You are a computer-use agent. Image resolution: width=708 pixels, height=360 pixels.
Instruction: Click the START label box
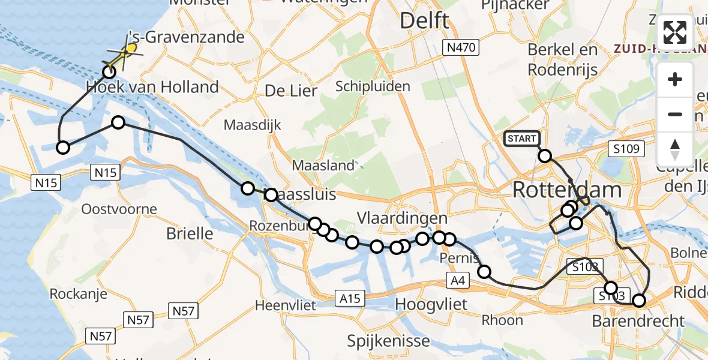click(521, 139)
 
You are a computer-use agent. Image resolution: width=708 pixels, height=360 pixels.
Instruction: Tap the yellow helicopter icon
click(124, 53)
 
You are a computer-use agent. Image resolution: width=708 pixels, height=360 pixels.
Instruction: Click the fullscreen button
click(675, 32)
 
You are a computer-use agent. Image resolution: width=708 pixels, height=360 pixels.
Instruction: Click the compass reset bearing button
click(675, 149)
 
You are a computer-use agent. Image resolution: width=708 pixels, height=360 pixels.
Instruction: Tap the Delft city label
click(424, 20)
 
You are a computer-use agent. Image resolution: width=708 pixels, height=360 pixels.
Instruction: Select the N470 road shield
click(459, 47)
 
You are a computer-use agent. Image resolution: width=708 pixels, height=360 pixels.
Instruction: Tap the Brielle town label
click(190, 233)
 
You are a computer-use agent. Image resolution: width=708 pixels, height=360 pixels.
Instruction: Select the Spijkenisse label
click(388, 341)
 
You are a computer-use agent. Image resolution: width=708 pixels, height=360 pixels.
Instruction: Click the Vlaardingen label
click(402, 218)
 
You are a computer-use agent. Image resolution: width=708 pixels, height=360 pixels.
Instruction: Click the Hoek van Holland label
click(152, 88)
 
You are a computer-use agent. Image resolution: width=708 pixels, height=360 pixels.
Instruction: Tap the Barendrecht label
click(638, 321)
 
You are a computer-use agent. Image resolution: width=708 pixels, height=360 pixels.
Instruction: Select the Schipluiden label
click(373, 86)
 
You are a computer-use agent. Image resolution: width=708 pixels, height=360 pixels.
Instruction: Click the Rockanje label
click(78, 293)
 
